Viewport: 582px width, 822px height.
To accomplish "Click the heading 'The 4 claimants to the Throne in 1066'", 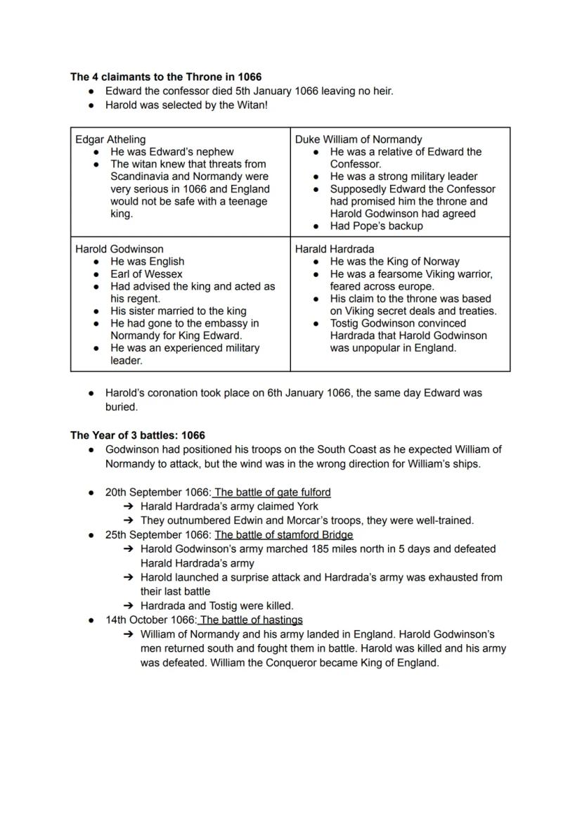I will pyautogui.click(x=166, y=77).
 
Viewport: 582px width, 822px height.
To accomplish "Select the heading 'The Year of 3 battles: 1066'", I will pyautogui.click(x=138, y=435).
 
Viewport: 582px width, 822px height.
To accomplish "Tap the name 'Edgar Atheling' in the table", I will pyautogui.click(x=110, y=139).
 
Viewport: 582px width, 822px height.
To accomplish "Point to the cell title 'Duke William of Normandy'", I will pyautogui.click(x=358, y=139).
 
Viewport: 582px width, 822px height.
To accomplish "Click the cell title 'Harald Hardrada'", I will pyautogui.click(x=335, y=249).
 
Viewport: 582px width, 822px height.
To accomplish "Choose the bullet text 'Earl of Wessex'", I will pyautogui.click(x=146, y=274).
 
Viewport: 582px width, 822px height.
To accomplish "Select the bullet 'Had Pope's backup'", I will pyautogui.click(x=376, y=226).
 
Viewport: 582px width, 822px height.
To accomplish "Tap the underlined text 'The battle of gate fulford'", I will pyautogui.click(x=273, y=492).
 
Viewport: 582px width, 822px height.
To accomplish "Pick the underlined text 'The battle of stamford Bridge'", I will pyautogui.click(x=284, y=534).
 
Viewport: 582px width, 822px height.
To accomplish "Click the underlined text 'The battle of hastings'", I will pyautogui.click(x=251, y=619).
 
